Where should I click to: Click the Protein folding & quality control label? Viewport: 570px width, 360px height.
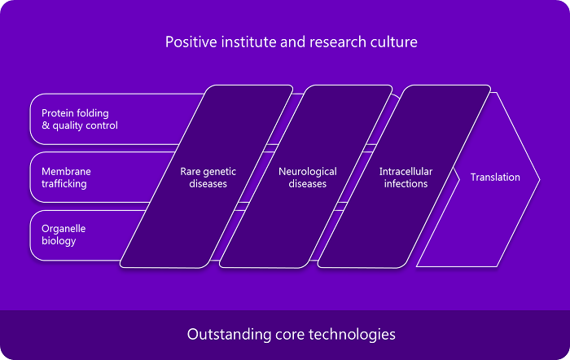80,119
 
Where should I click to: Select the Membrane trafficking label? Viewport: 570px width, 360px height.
66,178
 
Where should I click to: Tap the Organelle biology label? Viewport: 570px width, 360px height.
64,235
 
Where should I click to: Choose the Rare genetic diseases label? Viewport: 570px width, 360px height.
208,178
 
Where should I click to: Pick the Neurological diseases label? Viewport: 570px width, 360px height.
308,178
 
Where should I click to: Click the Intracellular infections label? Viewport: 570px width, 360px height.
406,178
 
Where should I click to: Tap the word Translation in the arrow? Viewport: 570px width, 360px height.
495,177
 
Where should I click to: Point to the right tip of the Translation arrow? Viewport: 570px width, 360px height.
540,179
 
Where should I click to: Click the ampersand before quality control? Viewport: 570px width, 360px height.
46,125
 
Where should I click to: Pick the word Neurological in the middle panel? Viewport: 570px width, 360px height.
308,172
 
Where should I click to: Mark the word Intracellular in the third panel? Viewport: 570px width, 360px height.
406,171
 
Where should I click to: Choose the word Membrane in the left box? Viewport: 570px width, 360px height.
66,171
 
